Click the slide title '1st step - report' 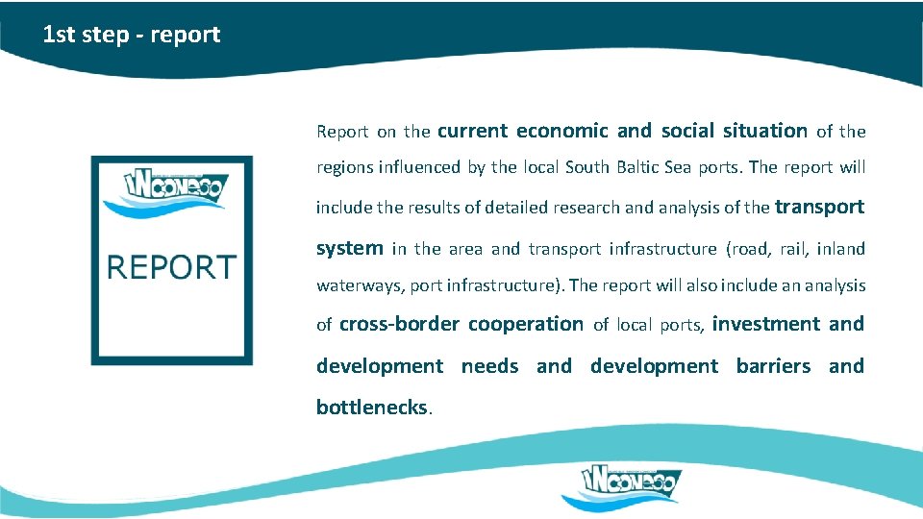(132, 36)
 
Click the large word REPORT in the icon (171, 267)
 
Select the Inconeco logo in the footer (621, 485)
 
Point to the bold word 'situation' (765, 131)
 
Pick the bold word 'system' (349, 248)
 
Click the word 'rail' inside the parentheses (793, 249)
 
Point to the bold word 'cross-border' (399, 324)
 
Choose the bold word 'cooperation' (525, 324)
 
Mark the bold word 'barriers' (773, 366)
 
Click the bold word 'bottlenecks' (372, 408)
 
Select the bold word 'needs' (489, 366)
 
